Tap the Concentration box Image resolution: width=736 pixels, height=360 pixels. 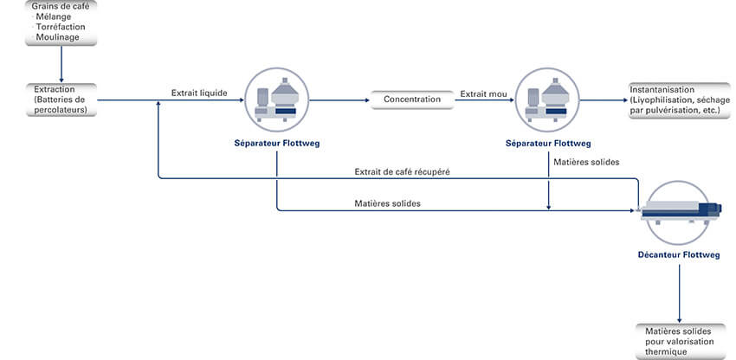pyautogui.click(x=412, y=100)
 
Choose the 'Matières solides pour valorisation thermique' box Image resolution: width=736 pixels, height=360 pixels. pyautogui.click(x=679, y=341)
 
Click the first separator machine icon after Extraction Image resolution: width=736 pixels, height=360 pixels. pyautogui.click(x=277, y=97)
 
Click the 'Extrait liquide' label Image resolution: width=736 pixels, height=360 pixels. pyautogui.click(x=198, y=93)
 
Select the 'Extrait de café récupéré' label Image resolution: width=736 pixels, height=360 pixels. pyautogui.click(x=402, y=171)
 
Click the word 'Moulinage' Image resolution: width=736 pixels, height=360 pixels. pyautogui.click(x=58, y=37)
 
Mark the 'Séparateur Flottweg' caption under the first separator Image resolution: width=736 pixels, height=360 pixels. pyautogui.click(x=277, y=143)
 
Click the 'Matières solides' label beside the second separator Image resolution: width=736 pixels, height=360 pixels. pyautogui.click(x=586, y=161)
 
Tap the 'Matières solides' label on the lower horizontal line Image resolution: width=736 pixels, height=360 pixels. pyautogui.click(x=388, y=203)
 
